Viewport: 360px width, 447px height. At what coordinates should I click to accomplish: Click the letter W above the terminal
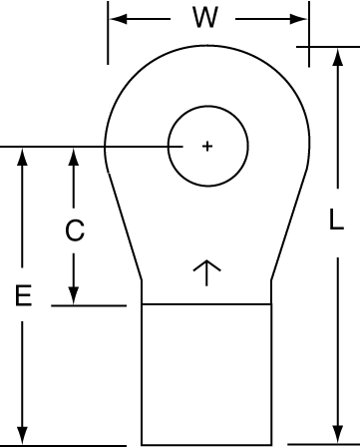coord(203,18)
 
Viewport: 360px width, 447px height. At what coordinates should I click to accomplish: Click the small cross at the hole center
coord(206,147)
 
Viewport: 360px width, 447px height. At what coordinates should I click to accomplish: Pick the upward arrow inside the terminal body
coord(205,271)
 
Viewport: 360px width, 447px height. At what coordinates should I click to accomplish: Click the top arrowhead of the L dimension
coord(337,55)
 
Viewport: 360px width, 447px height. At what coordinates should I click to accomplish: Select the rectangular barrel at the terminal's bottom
coord(206,374)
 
